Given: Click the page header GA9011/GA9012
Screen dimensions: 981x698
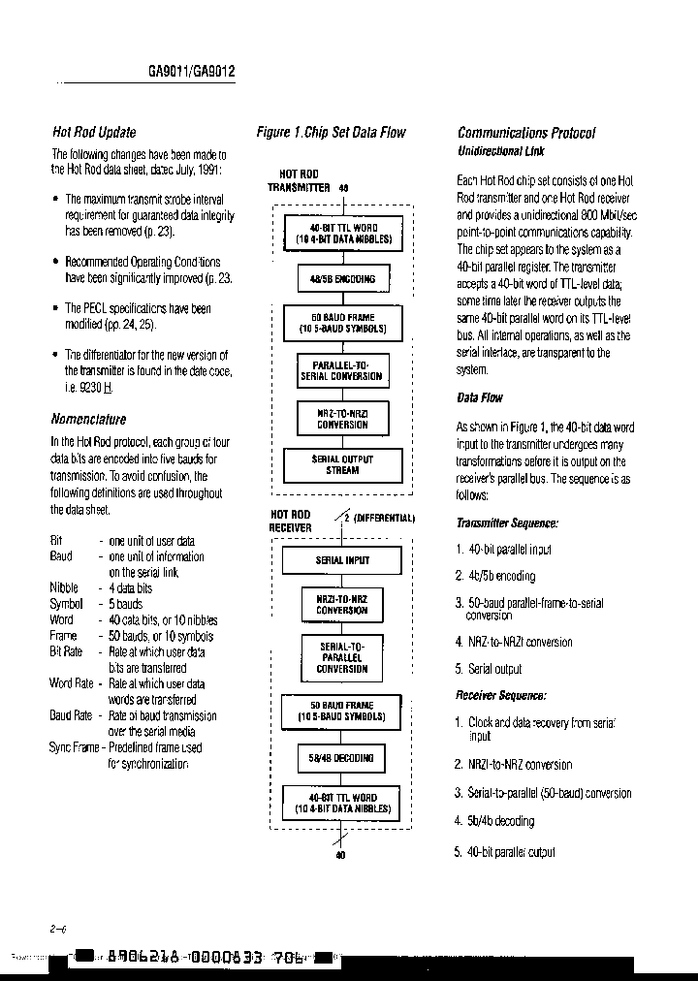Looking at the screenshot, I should click(192, 72).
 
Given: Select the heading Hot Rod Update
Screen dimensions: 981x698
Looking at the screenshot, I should click(93, 132).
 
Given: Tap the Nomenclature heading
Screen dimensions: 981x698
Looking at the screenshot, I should click(88, 419).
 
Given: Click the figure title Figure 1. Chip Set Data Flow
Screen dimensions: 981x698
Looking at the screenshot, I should click(331, 132).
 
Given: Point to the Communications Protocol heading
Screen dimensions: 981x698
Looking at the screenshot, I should click(525, 132).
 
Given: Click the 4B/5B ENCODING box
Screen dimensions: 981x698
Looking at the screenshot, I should click(342, 279).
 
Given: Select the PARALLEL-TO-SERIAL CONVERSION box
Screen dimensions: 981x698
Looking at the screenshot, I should click(342, 369).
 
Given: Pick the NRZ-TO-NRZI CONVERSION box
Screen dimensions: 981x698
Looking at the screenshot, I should click(342, 418).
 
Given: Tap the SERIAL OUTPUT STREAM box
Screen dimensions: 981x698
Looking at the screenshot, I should click(342, 464).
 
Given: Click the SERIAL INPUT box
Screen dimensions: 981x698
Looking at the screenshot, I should click(342, 560).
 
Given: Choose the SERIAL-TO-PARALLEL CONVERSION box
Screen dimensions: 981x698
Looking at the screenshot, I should click(342, 656).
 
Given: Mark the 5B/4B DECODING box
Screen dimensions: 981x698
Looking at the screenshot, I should click(342, 757).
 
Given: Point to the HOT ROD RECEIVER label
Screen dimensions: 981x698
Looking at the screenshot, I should click(290, 521).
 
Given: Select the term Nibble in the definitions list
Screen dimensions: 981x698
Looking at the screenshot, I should click(64, 587).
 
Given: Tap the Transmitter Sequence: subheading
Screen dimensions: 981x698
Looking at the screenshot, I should click(507, 522).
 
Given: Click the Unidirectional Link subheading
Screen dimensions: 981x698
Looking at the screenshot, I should click(500, 151).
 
